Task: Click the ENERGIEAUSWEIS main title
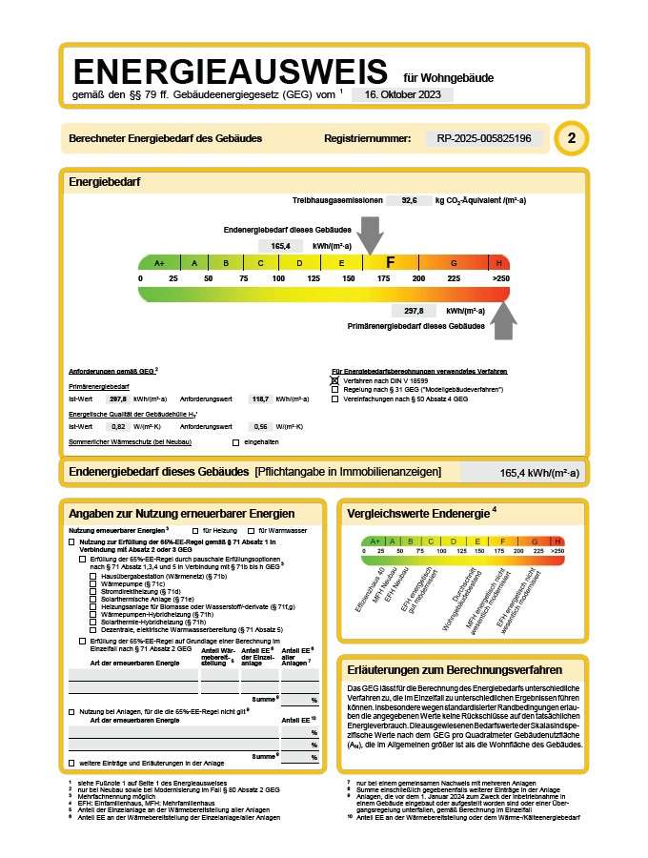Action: (231, 72)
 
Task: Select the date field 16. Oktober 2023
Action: (402, 95)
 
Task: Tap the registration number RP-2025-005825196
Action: (490, 139)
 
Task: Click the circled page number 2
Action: (572, 139)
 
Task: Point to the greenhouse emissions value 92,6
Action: (410, 201)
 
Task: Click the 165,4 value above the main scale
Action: (280, 246)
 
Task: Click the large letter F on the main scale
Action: (390, 262)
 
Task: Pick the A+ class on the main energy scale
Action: (159, 263)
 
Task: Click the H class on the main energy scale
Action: (498, 263)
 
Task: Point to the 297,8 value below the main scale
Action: (414, 311)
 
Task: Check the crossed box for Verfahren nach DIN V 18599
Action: (335, 380)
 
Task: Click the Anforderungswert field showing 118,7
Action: (259, 398)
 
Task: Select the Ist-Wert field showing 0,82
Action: (119, 426)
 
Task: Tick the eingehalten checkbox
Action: (236, 442)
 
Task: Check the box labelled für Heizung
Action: (195, 530)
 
